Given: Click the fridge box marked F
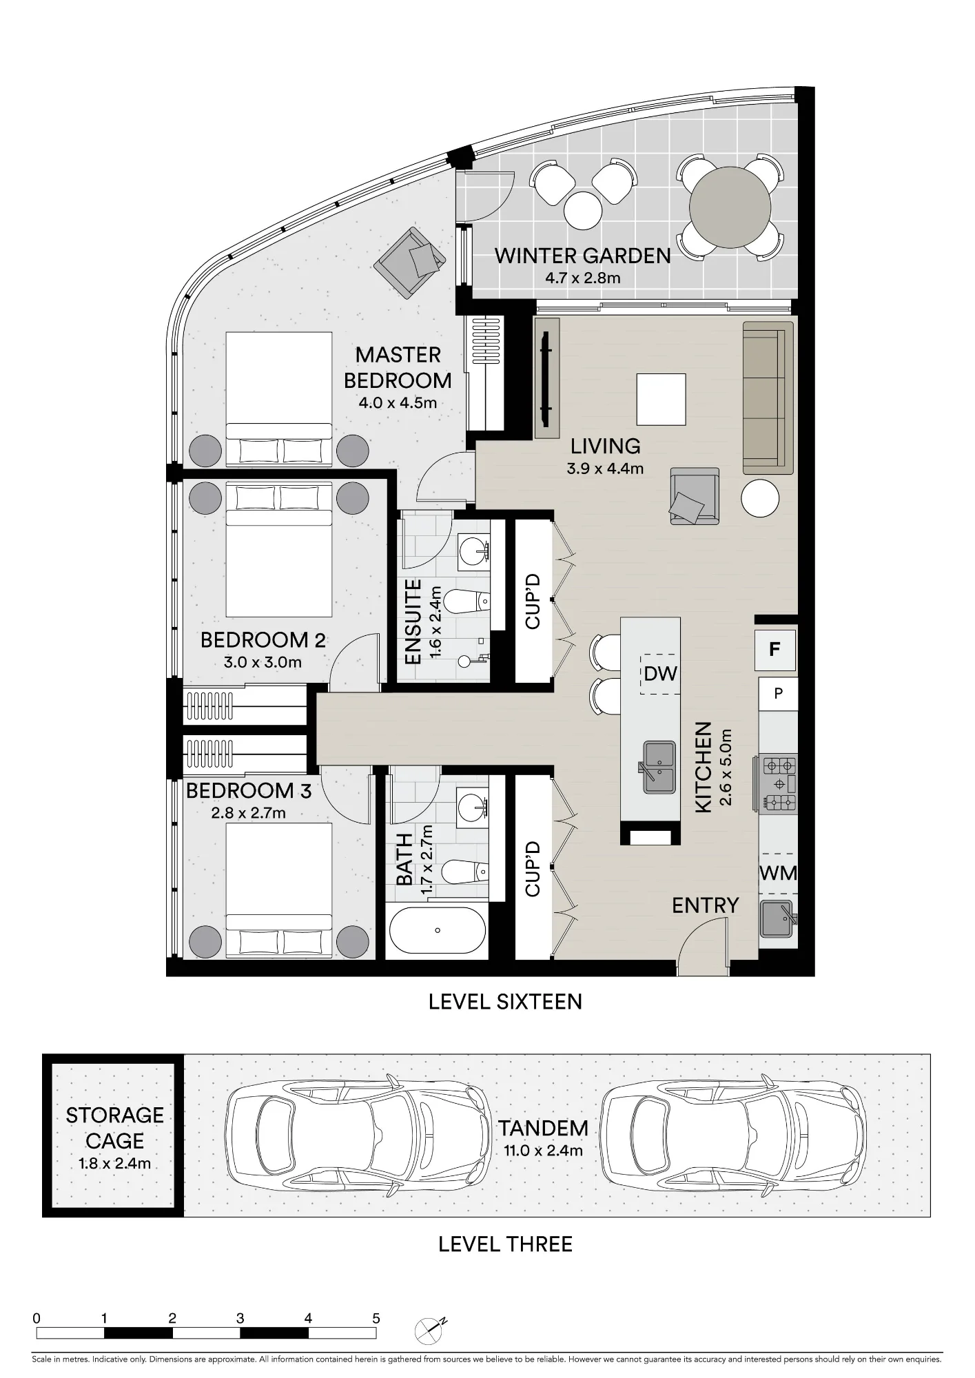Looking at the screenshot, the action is tap(776, 649).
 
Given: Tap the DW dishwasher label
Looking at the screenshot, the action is tap(661, 673).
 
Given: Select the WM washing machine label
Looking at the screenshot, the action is tap(778, 873).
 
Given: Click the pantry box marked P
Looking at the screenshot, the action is tap(778, 693).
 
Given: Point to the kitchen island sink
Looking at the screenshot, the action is tap(659, 767).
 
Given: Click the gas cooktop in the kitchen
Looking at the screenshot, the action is tap(778, 783).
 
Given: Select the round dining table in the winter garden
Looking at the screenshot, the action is tap(730, 206).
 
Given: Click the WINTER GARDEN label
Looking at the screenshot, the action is tap(583, 256).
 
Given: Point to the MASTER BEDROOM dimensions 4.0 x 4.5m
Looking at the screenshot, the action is tap(398, 403).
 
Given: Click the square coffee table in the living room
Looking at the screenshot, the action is tap(661, 400).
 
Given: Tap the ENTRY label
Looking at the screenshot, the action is tap(706, 905).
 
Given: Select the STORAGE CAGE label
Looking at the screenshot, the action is tap(115, 1127).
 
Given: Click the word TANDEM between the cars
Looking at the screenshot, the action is tap(544, 1129).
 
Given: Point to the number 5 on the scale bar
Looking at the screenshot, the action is tap(376, 1319).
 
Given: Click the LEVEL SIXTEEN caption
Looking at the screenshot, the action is tap(505, 1002).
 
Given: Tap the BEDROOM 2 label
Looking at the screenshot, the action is tap(263, 640).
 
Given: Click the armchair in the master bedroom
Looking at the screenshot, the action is tap(409, 263).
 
